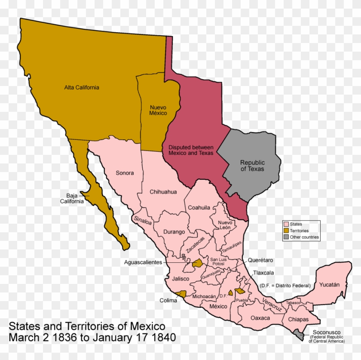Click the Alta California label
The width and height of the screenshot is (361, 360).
(82, 87)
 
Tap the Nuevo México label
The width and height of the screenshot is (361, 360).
(158, 110)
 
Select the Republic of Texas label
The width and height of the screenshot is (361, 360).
(252, 166)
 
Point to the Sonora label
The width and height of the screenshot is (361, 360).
(125, 173)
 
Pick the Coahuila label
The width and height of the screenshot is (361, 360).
(199, 207)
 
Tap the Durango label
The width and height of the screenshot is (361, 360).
(174, 232)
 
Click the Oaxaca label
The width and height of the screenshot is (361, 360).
(260, 318)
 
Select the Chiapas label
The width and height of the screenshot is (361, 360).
(298, 319)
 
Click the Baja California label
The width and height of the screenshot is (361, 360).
(72, 198)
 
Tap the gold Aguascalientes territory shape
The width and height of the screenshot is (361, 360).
(198, 263)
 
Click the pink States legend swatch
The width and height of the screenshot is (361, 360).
(286, 224)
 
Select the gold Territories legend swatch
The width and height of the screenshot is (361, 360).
(286, 231)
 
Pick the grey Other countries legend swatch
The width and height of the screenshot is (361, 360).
(286, 237)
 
